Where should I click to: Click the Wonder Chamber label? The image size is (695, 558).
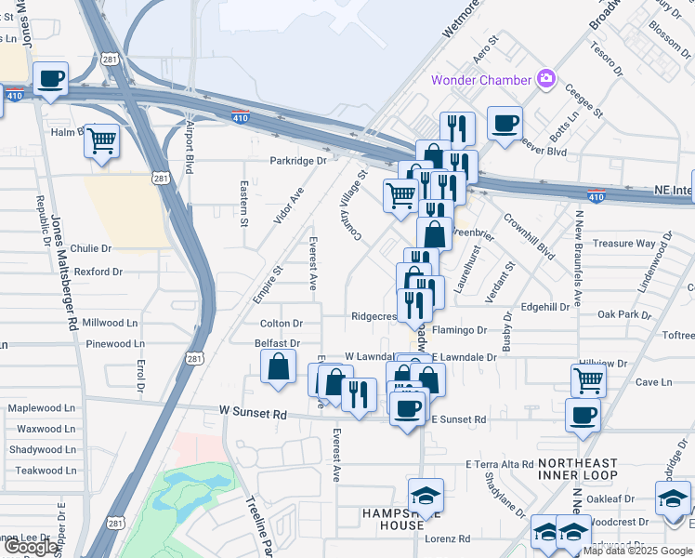pos(481,80)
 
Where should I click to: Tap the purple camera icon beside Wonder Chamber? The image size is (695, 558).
pos(547,80)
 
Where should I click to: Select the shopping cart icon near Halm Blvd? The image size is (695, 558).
pos(102,142)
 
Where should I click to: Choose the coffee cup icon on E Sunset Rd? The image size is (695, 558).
pos(406,408)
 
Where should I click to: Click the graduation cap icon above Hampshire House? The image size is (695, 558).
pos(426,496)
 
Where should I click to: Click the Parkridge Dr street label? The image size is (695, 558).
pos(298,160)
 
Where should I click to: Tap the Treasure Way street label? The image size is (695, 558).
pos(624,244)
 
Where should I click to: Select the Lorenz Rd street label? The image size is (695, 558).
pos(448,538)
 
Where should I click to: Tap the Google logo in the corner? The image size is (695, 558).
pos(30,547)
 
